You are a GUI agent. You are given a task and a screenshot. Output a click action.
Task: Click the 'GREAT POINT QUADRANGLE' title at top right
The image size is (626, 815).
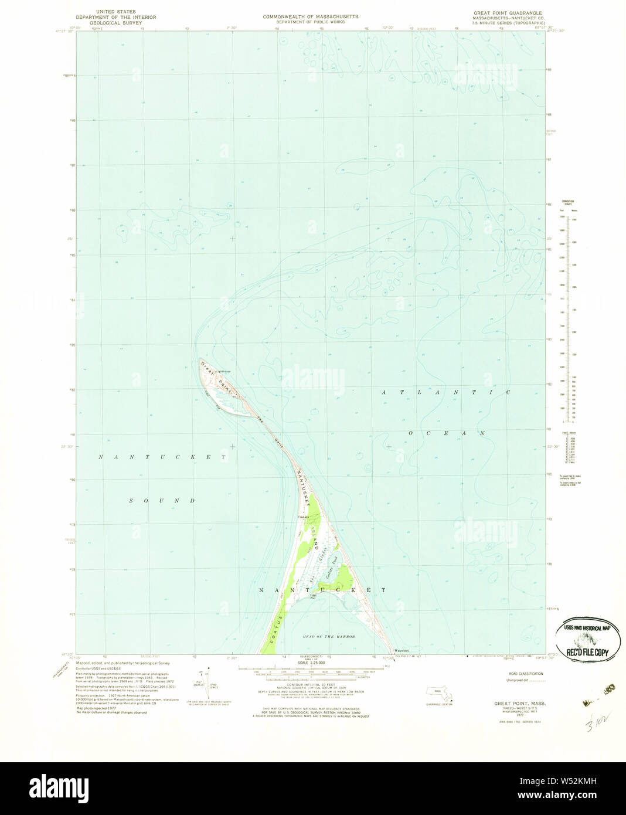[x=508, y=12]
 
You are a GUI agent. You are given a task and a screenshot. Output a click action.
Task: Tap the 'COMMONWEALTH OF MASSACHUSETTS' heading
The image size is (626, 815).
[x=310, y=16]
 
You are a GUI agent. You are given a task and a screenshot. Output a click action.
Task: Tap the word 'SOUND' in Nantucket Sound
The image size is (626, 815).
[x=162, y=501]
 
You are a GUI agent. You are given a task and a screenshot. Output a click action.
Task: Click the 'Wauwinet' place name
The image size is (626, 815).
[x=401, y=651]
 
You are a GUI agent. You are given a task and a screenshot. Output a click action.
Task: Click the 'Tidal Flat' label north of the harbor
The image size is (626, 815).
[x=314, y=597]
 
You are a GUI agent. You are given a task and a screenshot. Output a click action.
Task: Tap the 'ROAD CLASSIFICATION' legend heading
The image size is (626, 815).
[x=526, y=674]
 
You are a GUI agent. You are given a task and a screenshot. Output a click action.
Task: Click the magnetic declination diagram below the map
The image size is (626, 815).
[x=204, y=683]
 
